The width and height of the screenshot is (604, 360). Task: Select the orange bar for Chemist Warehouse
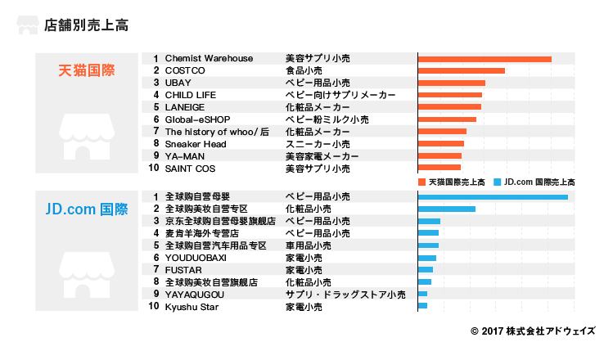(x=485, y=59)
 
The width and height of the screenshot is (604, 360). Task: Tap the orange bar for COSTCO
(x=462, y=71)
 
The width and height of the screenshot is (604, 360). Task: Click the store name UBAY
(x=178, y=83)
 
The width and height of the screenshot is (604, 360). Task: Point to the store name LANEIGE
(x=184, y=107)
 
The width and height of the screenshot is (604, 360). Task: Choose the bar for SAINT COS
(x=439, y=168)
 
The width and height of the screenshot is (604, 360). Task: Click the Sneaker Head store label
(x=196, y=144)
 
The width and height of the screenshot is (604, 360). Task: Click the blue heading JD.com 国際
(x=86, y=209)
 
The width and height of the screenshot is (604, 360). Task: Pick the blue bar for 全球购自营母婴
(x=493, y=197)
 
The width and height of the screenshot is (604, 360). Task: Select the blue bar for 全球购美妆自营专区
(x=447, y=209)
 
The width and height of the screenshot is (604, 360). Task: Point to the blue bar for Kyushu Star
(x=423, y=306)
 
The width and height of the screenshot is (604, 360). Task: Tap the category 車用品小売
(x=308, y=245)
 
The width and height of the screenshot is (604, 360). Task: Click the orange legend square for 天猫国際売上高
(x=422, y=182)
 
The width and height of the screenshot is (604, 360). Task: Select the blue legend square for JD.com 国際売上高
(x=498, y=182)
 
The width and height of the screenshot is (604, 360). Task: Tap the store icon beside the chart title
(x=27, y=25)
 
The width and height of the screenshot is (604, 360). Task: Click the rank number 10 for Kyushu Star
(x=153, y=306)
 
